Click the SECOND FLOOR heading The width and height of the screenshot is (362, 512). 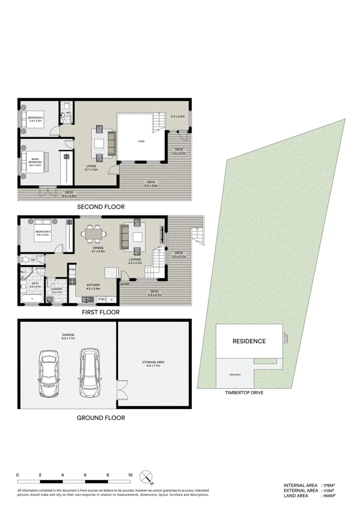point(101,207)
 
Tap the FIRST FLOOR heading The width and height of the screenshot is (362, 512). point(100,312)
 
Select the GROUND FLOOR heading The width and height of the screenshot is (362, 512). point(101,418)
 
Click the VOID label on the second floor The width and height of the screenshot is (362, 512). point(141,141)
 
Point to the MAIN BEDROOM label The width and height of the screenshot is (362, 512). point(35,161)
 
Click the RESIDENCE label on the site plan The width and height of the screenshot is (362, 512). point(249,341)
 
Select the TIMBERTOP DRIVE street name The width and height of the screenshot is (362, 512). point(244,393)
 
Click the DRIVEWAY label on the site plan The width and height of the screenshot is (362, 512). point(235,375)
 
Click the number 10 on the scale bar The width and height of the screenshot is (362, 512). point(130,475)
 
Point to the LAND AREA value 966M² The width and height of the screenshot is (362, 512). point(329,495)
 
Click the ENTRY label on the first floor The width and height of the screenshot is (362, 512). point(125,284)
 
